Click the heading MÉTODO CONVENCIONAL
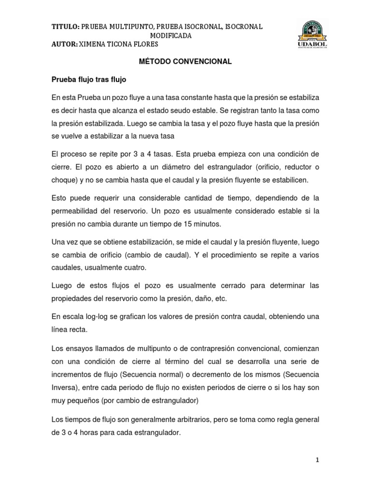click(185, 61)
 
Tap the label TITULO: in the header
click(65, 27)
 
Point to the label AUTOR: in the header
click(64, 44)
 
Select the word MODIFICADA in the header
click(171, 36)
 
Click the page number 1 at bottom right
click(317, 461)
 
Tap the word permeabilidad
click(79, 212)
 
